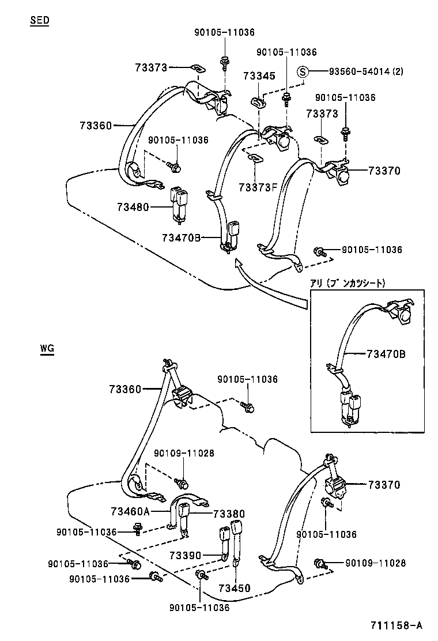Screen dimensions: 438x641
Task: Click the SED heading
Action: [x=40, y=20]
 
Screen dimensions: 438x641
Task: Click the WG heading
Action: [x=47, y=349]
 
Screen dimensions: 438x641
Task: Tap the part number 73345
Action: [x=259, y=76]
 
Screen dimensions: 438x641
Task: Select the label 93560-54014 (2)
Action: [x=366, y=71]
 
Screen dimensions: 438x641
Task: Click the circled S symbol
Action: [x=303, y=72]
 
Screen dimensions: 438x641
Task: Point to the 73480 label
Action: [x=133, y=208]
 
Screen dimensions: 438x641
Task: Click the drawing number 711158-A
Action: [x=397, y=625]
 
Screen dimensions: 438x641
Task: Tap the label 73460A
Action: [x=130, y=511]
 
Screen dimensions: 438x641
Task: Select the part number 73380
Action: [x=229, y=514]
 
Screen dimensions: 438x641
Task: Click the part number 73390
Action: [x=186, y=556]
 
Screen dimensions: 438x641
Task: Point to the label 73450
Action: [x=235, y=589]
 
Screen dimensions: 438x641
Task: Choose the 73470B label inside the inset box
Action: [x=386, y=354]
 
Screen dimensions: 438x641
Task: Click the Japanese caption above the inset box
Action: [x=348, y=283]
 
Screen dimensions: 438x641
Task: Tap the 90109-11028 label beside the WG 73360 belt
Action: [x=184, y=453]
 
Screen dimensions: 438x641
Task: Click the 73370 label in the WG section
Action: [x=384, y=485]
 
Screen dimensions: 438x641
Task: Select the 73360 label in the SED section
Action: [x=96, y=126]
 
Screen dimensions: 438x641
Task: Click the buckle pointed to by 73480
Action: [x=178, y=205]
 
